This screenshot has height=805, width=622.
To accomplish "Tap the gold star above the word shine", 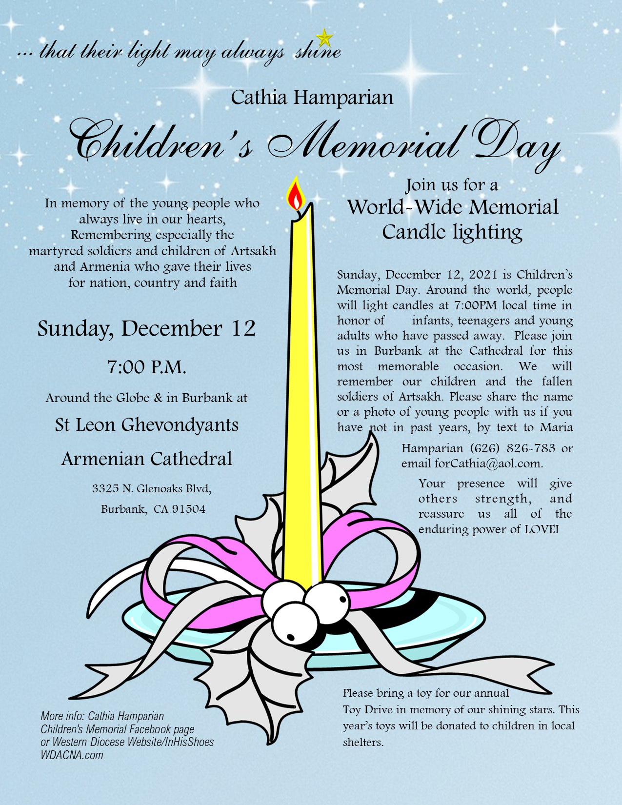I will [324, 38].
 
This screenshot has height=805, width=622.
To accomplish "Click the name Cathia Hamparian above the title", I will [312, 97].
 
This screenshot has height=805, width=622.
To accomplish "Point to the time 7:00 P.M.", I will [147, 367].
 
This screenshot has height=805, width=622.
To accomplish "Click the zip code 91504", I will [189, 509].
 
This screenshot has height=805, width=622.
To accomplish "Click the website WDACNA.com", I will [72, 755].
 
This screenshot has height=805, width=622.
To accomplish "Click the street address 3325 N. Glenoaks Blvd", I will [152, 488].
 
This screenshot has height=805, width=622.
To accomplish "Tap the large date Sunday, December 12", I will [146, 328].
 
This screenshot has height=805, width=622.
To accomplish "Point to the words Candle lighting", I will [452, 232].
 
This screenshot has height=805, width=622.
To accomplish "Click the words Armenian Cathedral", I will [146, 459].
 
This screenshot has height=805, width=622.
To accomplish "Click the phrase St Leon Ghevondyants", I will [146, 424].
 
